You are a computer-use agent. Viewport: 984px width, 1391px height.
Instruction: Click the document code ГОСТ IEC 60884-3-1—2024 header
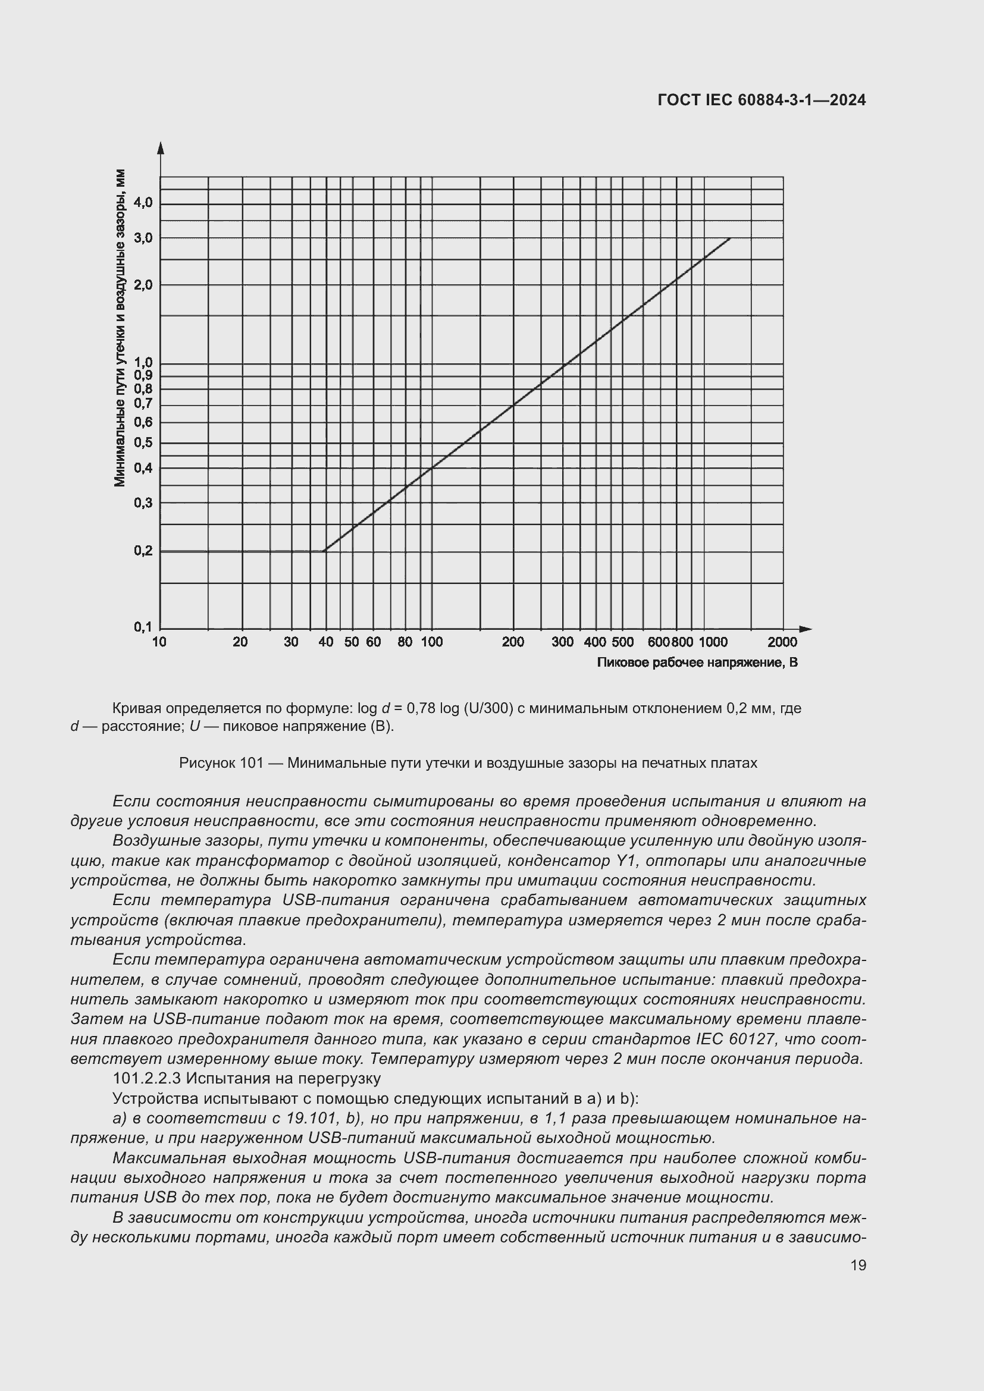pos(761,100)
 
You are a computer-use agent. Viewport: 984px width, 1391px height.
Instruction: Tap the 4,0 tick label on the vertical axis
pos(143,203)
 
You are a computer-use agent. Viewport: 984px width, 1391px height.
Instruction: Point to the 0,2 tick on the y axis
pos(143,551)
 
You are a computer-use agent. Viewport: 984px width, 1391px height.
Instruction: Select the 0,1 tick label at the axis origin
pos(143,627)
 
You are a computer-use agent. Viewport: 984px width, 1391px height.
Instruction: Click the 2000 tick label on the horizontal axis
pos(782,642)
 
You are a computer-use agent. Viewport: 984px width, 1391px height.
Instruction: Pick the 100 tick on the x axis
pos(432,642)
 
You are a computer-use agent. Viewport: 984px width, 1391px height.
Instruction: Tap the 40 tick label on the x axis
pos(326,642)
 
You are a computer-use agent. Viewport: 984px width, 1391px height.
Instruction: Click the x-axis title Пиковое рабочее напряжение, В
pos(697,662)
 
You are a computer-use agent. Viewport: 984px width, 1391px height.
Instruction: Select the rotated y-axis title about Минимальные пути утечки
pos(120,327)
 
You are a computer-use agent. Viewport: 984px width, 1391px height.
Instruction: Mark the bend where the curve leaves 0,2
pos(325,551)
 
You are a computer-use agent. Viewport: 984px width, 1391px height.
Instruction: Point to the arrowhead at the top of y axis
pos(161,147)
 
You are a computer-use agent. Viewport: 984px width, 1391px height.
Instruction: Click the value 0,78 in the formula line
pos(421,708)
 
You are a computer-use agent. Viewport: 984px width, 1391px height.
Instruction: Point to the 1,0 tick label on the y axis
pos(143,363)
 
